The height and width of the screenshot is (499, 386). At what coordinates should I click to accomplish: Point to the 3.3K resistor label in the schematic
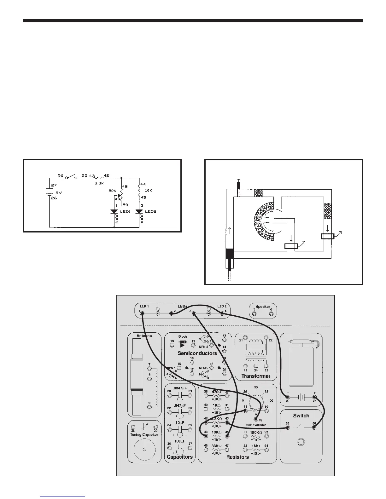point(100,183)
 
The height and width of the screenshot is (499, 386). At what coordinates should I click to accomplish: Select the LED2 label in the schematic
point(150,212)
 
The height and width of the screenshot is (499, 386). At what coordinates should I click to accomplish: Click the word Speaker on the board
point(263,307)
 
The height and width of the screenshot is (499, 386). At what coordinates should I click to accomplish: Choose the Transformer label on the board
point(256,376)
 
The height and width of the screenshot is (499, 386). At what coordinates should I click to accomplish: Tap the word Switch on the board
point(301,416)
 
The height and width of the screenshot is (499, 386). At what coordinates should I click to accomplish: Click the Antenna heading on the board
point(144,336)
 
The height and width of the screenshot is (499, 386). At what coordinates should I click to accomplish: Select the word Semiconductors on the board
point(197,353)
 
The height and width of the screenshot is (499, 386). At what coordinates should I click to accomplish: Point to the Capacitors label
point(179,457)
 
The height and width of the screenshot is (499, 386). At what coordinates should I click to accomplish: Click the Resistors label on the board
point(237,457)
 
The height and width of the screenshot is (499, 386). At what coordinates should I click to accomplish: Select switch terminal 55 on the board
point(287,428)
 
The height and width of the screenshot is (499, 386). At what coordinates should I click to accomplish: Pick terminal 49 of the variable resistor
point(255,419)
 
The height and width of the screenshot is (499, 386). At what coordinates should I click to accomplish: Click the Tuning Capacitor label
point(144,435)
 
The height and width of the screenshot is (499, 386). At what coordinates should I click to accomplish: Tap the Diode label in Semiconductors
point(183,336)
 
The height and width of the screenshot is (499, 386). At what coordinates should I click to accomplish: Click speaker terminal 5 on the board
point(254,313)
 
